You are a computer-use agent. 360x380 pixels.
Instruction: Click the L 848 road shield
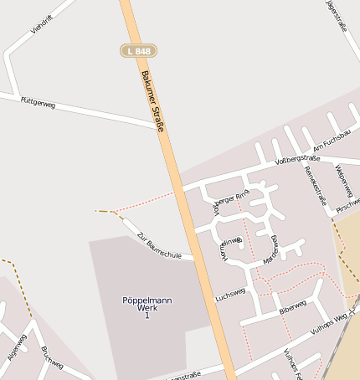coord(138,51)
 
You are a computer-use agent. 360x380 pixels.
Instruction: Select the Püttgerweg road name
coord(38,103)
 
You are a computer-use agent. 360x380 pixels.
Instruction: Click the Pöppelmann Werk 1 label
coord(147,306)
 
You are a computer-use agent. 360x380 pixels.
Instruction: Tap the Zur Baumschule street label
coord(158,245)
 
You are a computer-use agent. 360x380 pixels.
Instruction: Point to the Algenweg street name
coord(17,347)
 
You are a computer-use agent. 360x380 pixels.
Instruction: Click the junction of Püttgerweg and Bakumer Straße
coord(158,127)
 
